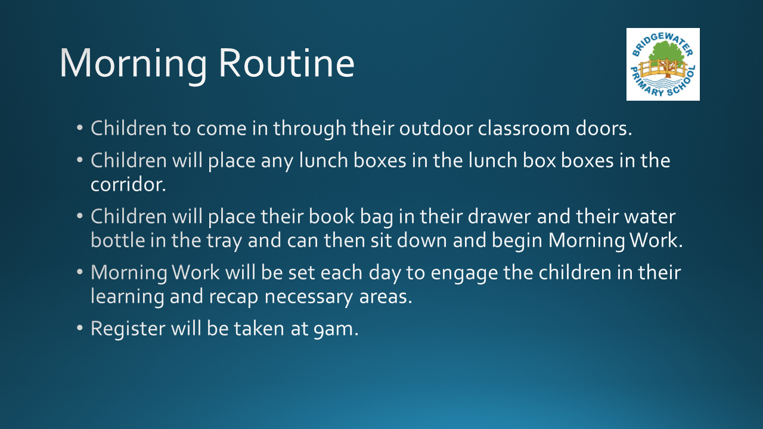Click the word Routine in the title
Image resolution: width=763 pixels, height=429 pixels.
click(x=286, y=63)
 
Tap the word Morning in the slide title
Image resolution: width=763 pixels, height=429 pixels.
click(x=133, y=66)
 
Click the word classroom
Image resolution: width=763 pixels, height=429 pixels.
click(x=524, y=128)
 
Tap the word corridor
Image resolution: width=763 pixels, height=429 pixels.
click(x=128, y=185)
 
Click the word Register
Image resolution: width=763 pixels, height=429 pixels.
click(x=128, y=329)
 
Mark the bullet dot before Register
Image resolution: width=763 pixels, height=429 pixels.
click(x=80, y=328)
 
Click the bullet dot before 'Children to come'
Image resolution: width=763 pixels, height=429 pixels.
click(x=80, y=128)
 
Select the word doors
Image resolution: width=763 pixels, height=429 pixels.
click(x=604, y=128)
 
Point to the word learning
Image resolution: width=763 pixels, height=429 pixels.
click(x=128, y=297)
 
